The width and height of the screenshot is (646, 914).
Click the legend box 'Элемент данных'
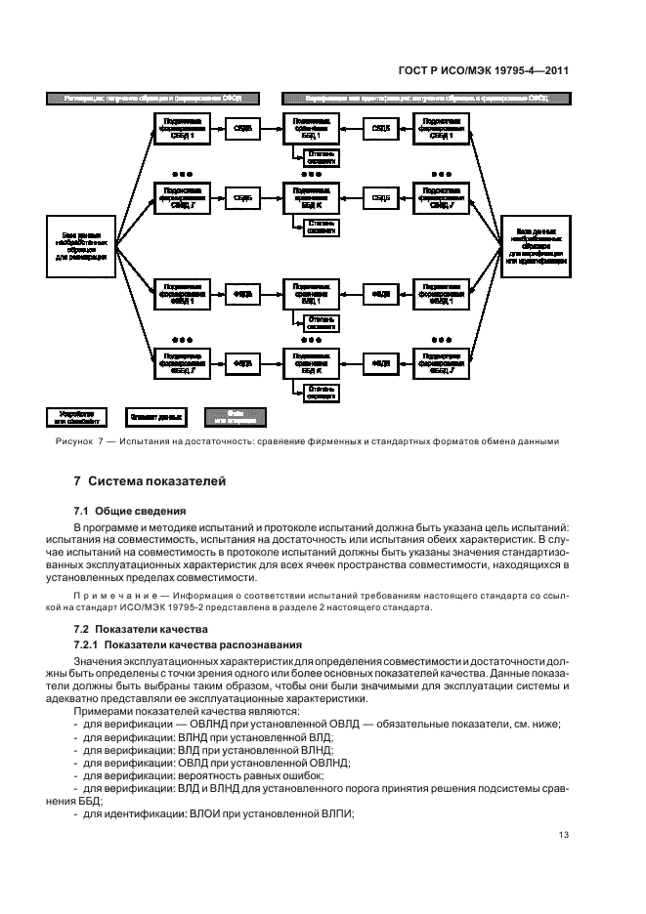click(154, 417)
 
